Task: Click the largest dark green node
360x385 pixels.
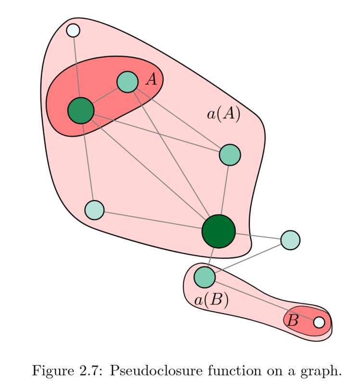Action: coord(219,231)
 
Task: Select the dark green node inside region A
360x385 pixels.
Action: coord(81,110)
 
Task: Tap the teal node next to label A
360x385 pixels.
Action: coord(128,82)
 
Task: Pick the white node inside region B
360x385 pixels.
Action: coord(319,322)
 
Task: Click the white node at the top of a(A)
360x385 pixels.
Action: coord(73,30)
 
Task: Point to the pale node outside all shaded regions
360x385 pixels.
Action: coord(290,239)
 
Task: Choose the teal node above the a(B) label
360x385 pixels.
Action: coord(204,277)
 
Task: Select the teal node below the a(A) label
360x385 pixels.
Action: coord(230,155)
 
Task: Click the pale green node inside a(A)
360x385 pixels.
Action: coord(94,210)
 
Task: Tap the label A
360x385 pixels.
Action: coord(152,79)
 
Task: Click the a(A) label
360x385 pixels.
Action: coord(223,115)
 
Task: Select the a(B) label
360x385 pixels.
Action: coord(211,300)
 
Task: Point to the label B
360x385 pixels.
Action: coord(293,321)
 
